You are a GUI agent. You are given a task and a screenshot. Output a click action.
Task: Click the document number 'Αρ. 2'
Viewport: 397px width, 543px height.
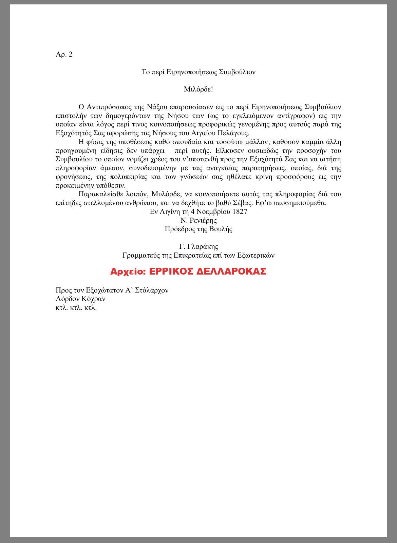click(x=64, y=54)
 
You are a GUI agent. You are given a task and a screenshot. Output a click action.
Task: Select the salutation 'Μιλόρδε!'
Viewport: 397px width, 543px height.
click(x=198, y=89)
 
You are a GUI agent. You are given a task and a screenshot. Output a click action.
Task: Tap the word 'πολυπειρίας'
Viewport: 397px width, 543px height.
click(x=130, y=177)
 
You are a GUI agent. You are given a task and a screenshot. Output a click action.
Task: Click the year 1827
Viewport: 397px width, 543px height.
click(x=240, y=212)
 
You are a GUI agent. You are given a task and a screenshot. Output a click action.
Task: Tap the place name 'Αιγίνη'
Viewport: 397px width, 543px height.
click(x=170, y=212)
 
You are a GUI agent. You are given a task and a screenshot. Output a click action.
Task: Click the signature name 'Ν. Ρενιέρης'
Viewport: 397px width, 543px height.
click(x=198, y=220)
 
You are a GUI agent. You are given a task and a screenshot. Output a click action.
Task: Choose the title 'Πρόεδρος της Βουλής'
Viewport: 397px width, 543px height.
click(x=198, y=229)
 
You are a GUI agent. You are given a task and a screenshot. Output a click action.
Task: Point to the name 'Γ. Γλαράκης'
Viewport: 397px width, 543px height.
click(x=198, y=246)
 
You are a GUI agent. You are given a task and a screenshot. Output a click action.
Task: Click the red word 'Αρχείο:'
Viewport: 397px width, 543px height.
click(x=127, y=271)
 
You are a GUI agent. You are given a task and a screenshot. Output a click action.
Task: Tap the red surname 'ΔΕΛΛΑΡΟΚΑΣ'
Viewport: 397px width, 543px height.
click(x=231, y=271)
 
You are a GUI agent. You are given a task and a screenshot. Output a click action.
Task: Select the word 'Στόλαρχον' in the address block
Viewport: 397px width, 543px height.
click(x=152, y=290)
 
